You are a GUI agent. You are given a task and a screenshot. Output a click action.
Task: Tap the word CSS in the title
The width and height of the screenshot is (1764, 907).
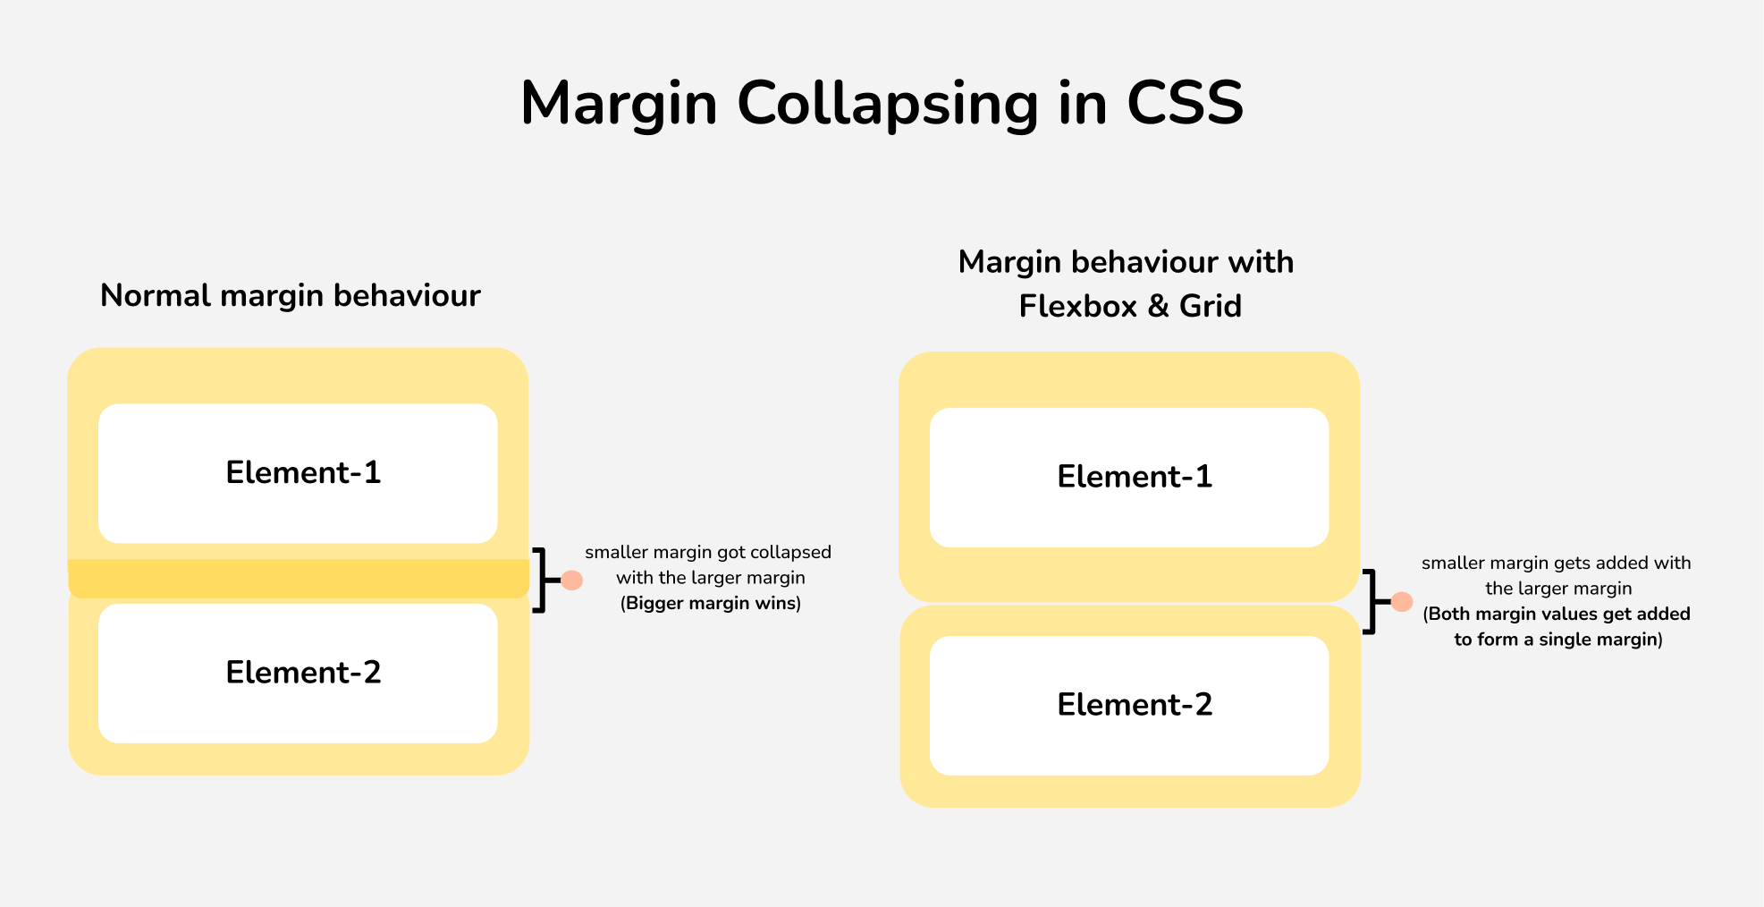(1185, 104)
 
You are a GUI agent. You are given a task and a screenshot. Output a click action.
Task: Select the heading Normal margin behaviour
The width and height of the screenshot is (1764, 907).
(290, 295)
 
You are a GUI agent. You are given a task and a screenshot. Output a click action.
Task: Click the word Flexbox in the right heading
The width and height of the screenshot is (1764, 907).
(1077, 306)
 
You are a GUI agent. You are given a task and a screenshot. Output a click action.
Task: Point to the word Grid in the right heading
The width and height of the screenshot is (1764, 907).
(1211, 306)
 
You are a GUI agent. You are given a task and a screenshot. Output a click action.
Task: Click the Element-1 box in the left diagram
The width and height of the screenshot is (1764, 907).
(298, 473)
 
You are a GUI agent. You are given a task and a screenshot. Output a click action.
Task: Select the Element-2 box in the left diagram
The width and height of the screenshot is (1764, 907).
(298, 673)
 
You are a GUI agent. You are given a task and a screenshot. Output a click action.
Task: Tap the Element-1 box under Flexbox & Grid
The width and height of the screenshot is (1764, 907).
(1129, 478)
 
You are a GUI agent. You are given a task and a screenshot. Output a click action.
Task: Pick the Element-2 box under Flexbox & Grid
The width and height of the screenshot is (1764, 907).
(1129, 705)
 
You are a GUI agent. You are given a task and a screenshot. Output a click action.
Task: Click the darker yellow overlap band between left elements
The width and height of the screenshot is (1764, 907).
(298, 579)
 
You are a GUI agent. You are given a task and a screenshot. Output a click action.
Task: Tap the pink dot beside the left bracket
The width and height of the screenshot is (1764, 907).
(572, 581)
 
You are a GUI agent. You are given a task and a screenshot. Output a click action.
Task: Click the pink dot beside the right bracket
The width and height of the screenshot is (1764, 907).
(1402, 602)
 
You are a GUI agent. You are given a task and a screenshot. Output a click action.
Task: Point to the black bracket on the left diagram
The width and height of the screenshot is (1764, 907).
(540, 581)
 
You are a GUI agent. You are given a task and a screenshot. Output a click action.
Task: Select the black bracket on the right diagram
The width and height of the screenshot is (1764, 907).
(1371, 602)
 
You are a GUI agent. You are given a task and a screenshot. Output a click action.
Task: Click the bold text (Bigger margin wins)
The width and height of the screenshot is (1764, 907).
(711, 603)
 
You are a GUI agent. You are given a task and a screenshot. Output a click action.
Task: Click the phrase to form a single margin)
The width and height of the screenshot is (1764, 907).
(1557, 640)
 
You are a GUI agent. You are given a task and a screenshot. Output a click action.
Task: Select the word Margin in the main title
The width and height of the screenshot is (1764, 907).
(619, 104)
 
